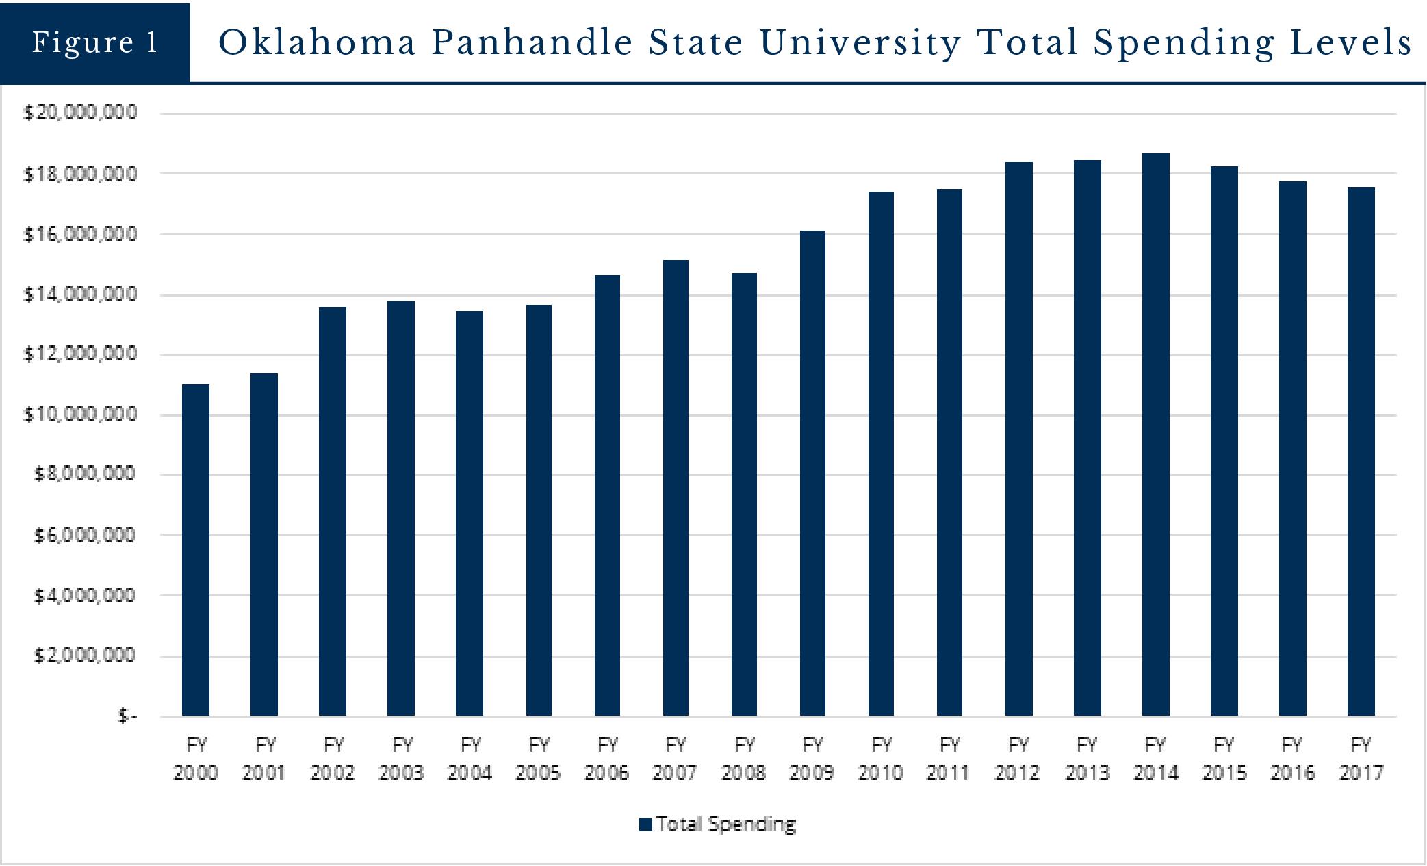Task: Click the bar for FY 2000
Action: [x=196, y=550]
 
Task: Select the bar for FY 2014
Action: [x=1155, y=434]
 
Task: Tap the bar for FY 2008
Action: [x=744, y=494]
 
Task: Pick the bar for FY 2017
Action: [x=1361, y=451]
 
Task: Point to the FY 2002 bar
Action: [x=333, y=511]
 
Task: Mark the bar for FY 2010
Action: [x=881, y=454]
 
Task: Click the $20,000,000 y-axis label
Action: [x=80, y=112]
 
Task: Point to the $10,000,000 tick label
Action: [x=80, y=414]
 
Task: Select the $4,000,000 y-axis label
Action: [x=85, y=595]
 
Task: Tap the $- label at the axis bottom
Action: [x=127, y=716]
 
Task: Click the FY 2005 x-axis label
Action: [x=539, y=758]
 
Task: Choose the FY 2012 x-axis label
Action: [x=1018, y=758]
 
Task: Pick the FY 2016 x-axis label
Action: [x=1292, y=758]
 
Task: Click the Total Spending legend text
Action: [x=726, y=824]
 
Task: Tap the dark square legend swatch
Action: [x=645, y=825]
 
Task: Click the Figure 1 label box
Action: [x=95, y=42]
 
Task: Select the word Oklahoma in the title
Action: [x=318, y=42]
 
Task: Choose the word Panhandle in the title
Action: [x=532, y=42]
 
